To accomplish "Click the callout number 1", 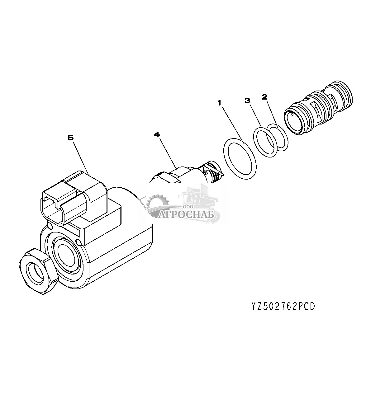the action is click(220, 103).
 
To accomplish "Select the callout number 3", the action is click(247, 100).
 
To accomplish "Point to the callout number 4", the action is click(157, 134).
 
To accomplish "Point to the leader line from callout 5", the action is click(81, 156).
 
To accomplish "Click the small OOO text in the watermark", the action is click(188, 207).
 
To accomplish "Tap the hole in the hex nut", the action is click(36, 273).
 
